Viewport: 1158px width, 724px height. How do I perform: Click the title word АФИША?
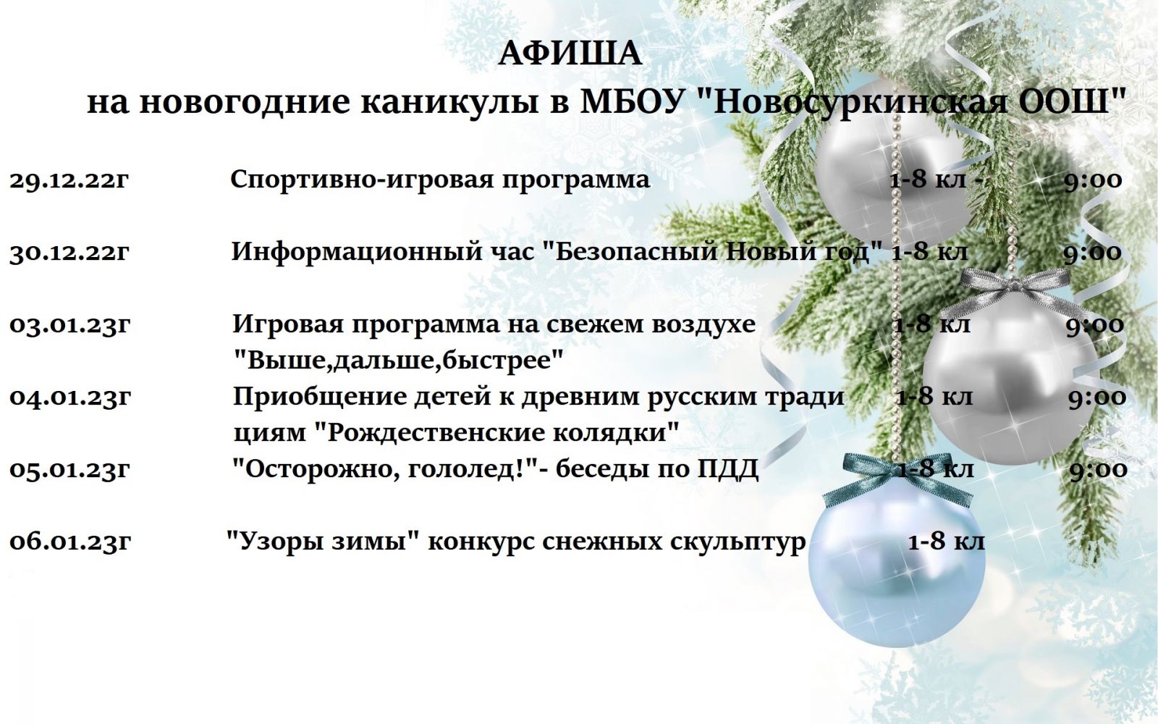(x=570, y=54)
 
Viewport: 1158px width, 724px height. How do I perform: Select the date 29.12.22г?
(x=69, y=180)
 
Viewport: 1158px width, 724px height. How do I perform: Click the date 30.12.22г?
(x=69, y=253)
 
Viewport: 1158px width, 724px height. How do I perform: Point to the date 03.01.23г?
(x=69, y=325)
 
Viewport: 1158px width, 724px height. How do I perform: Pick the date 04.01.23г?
(x=69, y=397)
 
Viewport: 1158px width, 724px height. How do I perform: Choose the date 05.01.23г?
(x=69, y=470)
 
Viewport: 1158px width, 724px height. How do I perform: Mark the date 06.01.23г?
(x=69, y=542)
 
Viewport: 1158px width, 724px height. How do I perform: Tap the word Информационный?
(x=355, y=253)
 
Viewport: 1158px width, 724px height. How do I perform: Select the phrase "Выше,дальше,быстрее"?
(x=398, y=361)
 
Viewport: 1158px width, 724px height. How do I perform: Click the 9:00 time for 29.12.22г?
(x=1093, y=180)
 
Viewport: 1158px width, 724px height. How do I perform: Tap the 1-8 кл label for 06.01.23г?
(x=947, y=542)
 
